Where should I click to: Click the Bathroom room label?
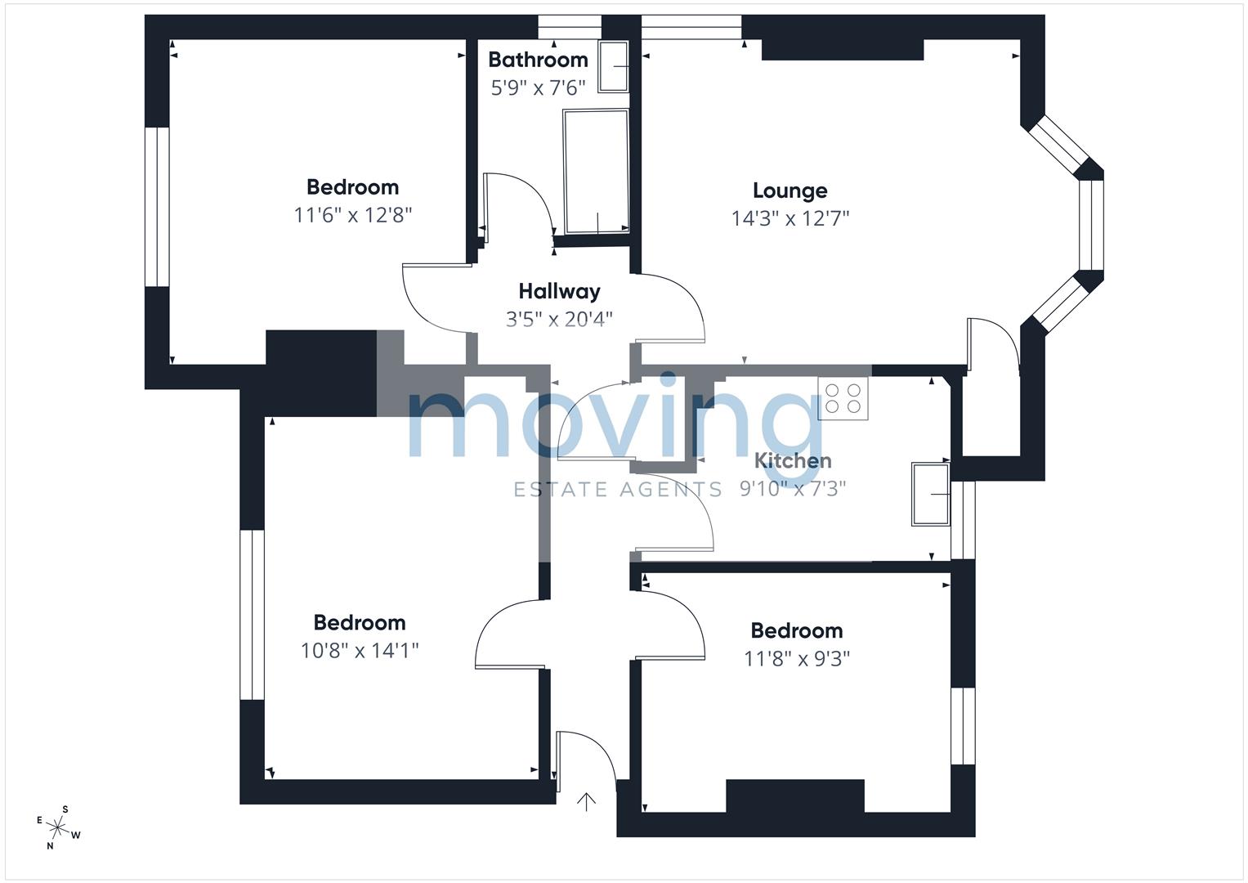pos(538,60)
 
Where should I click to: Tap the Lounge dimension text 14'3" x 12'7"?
pos(790,218)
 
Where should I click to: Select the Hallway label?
pos(559,291)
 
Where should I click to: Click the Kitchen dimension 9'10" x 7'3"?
pos(793,488)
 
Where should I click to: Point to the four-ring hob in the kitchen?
pos(843,398)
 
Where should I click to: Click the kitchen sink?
pos(930,494)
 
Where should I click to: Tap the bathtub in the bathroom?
pos(596,172)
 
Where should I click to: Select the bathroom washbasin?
pos(614,66)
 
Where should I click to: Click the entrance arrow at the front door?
pos(586,802)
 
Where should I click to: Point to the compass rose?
pos(57,827)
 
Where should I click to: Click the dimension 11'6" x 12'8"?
pos(353,214)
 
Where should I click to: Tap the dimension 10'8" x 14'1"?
pos(360,650)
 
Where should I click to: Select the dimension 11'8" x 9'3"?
pos(797,658)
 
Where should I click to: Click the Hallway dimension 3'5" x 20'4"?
pos(559,319)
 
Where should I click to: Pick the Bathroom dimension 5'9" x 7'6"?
pos(538,87)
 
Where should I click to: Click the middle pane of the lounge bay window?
pos(1091,225)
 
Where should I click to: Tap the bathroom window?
pos(570,27)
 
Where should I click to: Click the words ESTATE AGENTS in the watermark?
pos(617,490)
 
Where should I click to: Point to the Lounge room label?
pos(790,190)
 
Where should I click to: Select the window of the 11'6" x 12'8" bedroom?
pos(157,207)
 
